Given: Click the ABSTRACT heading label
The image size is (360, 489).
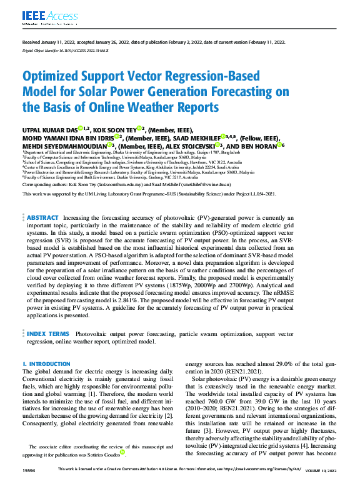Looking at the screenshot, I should click(43, 218).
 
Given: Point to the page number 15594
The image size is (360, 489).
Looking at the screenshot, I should click(29, 485).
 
